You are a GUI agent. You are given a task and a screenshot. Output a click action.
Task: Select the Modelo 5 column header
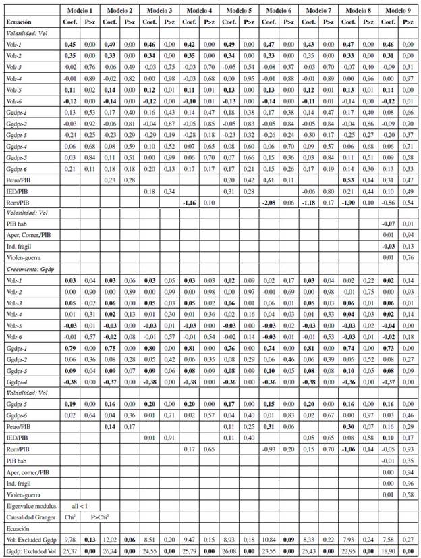[x=240, y=11]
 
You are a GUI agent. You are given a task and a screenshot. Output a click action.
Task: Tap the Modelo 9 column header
[x=398, y=11]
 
